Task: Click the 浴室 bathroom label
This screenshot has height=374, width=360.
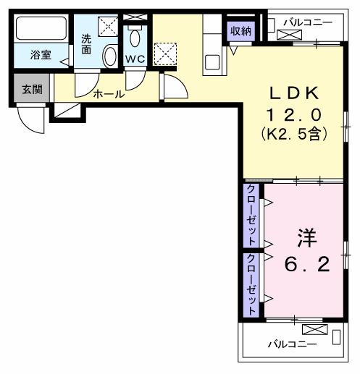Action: pyautogui.click(x=40, y=54)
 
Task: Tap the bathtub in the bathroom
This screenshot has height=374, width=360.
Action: pyautogui.click(x=40, y=30)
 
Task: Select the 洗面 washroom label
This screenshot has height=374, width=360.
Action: pyautogui.click(x=86, y=44)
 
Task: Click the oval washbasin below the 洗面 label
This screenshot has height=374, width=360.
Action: pyautogui.click(x=109, y=56)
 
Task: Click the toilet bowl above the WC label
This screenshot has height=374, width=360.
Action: pyautogui.click(x=135, y=38)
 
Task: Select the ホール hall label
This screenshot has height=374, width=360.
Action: pyautogui.click(x=109, y=94)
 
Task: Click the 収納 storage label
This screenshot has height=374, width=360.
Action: pyautogui.click(x=241, y=30)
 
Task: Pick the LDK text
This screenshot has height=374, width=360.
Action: pyautogui.click(x=293, y=93)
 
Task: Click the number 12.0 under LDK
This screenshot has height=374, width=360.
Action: pyautogui.click(x=293, y=114)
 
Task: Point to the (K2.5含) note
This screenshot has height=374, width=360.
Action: pyautogui.click(x=293, y=134)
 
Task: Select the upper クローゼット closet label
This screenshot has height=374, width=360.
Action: pyautogui.click(x=251, y=215)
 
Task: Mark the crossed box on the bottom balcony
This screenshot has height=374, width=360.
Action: pyautogui.click(x=319, y=330)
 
